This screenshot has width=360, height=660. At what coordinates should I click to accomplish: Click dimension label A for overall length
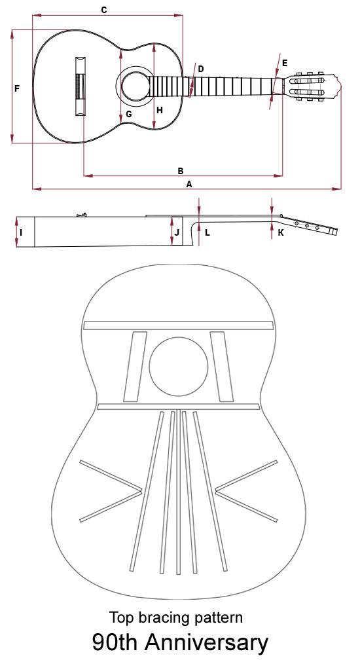pyautogui.click(x=189, y=184)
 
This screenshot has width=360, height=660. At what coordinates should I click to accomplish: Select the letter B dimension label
pyautogui.click(x=181, y=171)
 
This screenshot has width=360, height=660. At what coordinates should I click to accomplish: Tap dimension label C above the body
pyautogui.click(x=104, y=10)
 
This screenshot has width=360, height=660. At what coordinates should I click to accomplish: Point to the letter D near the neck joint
pyautogui.click(x=200, y=69)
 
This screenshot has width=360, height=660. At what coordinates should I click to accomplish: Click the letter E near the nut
pyautogui.click(x=285, y=63)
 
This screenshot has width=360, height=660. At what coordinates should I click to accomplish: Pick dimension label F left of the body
pyautogui.click(x=17, y=89)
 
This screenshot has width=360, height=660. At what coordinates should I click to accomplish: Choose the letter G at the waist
pyautogui.click(x=129, y=114)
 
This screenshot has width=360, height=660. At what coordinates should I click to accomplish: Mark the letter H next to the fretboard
pyautogui.click(x=160, y=110)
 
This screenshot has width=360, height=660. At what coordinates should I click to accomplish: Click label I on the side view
pyautogui.click(x=21, y=232)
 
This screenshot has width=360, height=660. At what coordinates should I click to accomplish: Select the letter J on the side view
pyautogui.click(x=177, y=232)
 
